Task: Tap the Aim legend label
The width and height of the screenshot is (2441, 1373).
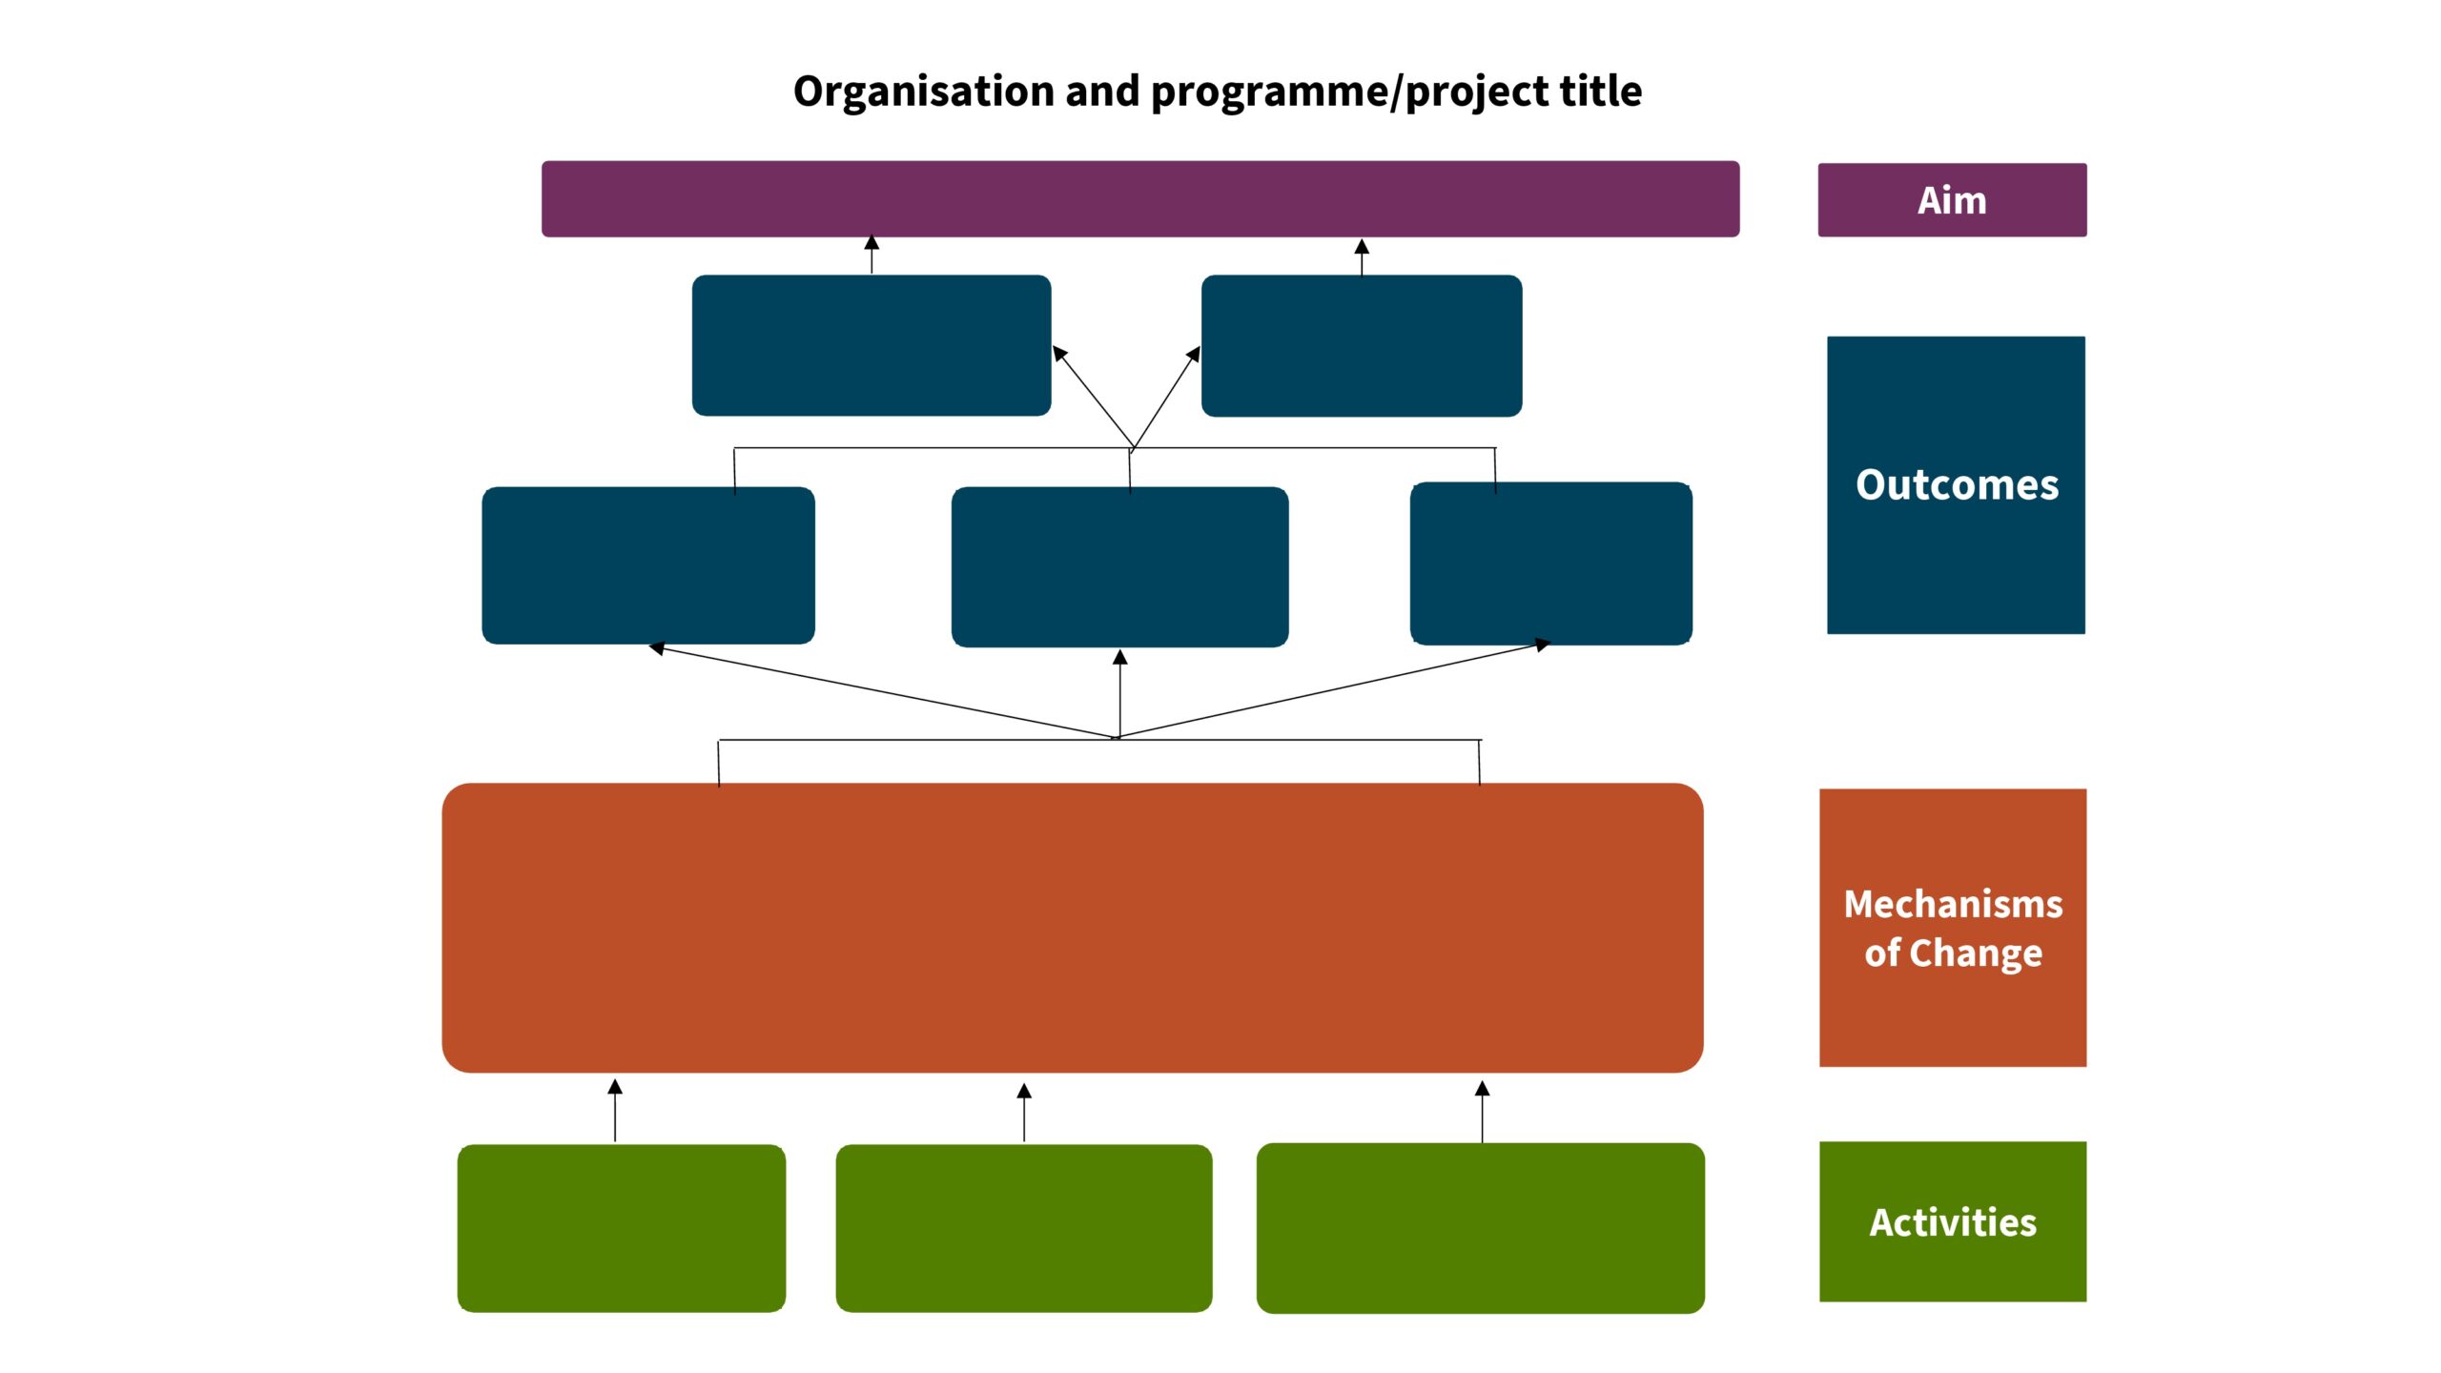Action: (x=1952, y=200)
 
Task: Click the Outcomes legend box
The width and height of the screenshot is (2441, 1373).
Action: (x=1956, y=484)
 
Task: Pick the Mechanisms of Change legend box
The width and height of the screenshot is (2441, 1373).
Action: (x=1953, y=928)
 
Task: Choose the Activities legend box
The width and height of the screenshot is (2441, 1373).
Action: (x=1953, y=1221)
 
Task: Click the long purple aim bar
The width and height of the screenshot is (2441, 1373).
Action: (x=1140, y=198)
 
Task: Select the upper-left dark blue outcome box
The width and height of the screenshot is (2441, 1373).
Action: (x=872, y=345)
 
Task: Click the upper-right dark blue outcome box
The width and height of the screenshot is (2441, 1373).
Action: (x=1362, y=345)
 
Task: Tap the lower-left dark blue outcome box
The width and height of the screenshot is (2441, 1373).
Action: (x=648, y=565)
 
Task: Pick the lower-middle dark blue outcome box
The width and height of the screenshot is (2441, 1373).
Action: (x=1120, y=566)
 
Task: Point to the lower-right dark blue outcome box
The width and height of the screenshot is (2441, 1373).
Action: (x=1551, y=564)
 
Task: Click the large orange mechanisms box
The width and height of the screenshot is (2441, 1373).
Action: (x=1073, y=928)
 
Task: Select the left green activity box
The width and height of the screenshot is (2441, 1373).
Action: (x=622, y=1228)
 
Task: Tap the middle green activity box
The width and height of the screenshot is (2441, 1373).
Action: (x=1024, y=1228)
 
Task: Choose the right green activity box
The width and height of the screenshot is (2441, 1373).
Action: (x=1481, y=1228)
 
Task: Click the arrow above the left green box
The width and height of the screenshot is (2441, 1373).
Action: (x=615, y=1110)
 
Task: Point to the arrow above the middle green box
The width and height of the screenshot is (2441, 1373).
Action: (x=1024, y=1112)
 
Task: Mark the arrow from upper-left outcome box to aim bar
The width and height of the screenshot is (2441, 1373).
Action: (x=872, y=255)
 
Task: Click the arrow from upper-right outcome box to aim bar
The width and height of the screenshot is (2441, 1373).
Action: (x=1362, y=256)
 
